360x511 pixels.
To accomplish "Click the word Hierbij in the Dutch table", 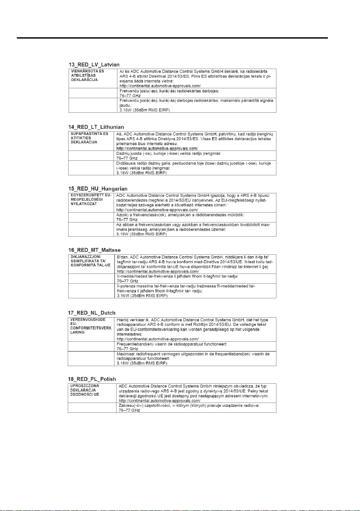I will pos(123,320).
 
